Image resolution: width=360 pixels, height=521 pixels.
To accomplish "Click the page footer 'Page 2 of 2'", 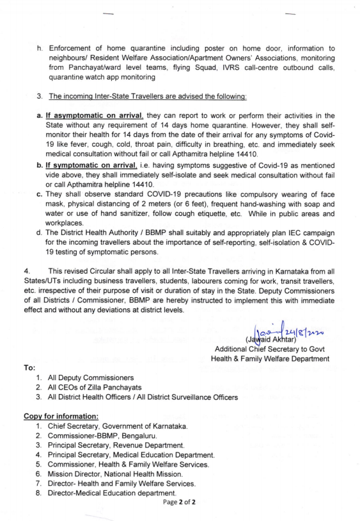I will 178,502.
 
